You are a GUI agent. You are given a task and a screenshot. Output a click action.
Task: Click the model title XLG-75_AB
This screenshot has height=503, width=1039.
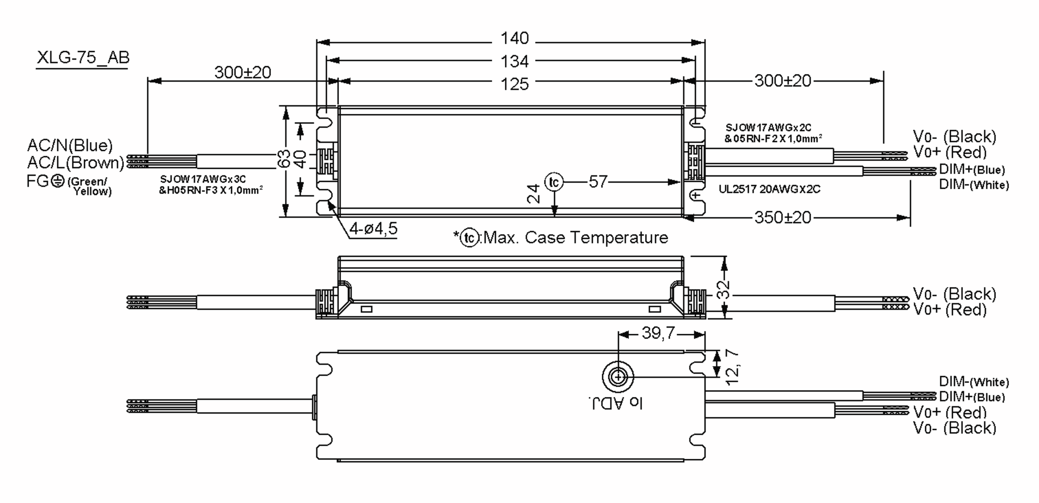(x=83, y=58)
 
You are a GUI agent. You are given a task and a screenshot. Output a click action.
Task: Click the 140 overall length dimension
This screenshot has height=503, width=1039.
(x=514, y=39)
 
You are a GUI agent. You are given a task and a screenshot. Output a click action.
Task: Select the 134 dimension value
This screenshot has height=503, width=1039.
(x=514, y=61)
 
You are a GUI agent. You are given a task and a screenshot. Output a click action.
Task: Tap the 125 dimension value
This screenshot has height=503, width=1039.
(x=514, y=84)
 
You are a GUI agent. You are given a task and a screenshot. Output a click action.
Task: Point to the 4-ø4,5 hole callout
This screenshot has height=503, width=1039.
(x=373, y=229)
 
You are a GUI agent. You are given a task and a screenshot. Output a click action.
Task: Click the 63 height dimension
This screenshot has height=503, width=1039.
(x=284, y=159)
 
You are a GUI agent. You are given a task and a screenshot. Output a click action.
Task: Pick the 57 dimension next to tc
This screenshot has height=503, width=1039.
(x=598, y=182)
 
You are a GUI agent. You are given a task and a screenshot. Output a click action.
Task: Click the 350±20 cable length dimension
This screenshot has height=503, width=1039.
(x=782, y=217)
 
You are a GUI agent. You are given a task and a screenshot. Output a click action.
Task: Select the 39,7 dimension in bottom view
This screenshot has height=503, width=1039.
(x=658, y=333)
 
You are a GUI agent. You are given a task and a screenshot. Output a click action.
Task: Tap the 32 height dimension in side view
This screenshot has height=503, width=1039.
(x=723, y=289)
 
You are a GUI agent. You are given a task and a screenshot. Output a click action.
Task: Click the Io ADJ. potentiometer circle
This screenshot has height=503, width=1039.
(x=618, y=377)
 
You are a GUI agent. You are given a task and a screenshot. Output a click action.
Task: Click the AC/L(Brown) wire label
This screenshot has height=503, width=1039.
(x=76, y=163)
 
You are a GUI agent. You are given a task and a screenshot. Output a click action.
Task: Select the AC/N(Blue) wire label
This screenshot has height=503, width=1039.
(x=70, y=145)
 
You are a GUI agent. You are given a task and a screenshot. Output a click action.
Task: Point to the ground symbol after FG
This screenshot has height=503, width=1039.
(x=58, y=181)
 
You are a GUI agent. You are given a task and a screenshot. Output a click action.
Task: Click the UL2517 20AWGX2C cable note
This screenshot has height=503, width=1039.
(x=769, y=189)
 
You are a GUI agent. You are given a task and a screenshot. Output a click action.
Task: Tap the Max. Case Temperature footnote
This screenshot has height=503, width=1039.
(x=575, y=238)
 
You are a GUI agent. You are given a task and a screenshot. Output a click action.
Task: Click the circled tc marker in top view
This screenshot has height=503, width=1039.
(x=554, y=182)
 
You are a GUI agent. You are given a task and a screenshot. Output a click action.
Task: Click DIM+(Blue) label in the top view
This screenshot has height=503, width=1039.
(x=971, y=169)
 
